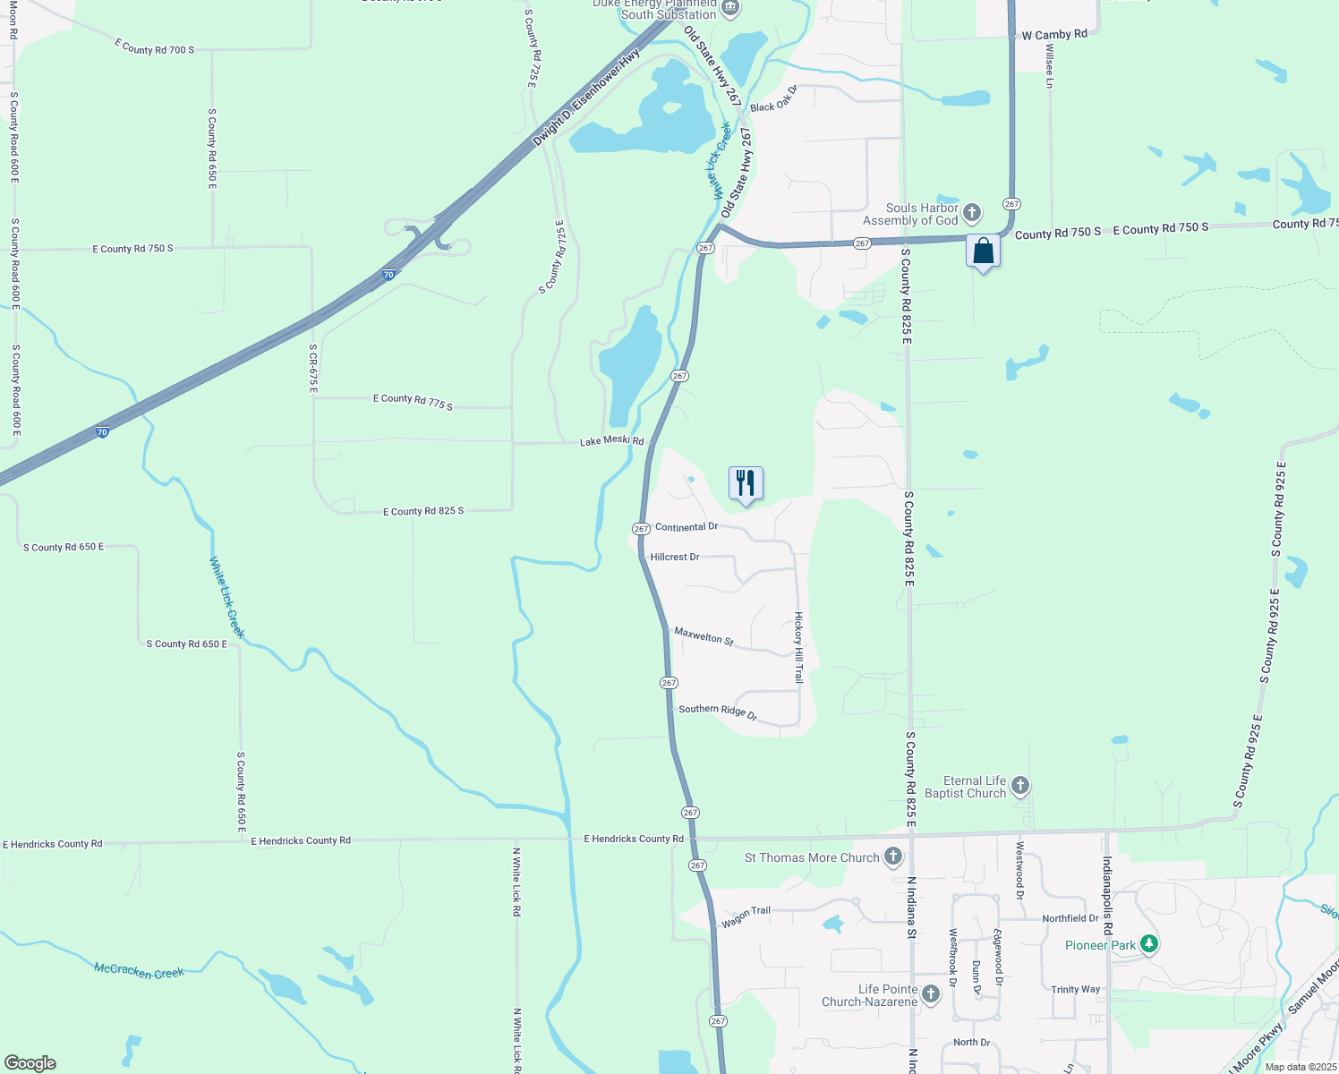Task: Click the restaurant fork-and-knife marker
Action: (746, 484)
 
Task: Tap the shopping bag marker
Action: (983, 251)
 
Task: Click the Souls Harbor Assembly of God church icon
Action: (972, 214)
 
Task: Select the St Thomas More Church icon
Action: (892, 857)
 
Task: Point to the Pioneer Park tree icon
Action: (1149, 944)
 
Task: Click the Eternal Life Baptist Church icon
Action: (1019, 787)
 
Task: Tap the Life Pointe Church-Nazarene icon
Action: (931, 994)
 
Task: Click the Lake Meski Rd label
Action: (611, 441)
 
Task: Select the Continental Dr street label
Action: (687, 527)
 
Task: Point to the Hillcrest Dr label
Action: (675, 557)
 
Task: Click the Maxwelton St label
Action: (704, 636)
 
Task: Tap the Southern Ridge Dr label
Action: (718, 712)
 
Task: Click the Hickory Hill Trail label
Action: (798, 648)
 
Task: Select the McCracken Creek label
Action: (139, 971)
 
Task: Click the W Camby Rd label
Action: (1054, 35)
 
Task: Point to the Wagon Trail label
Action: (746, 916)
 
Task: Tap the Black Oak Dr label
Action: (773, 98)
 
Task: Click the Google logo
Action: (30, 1062)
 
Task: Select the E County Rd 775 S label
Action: (413, 401)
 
